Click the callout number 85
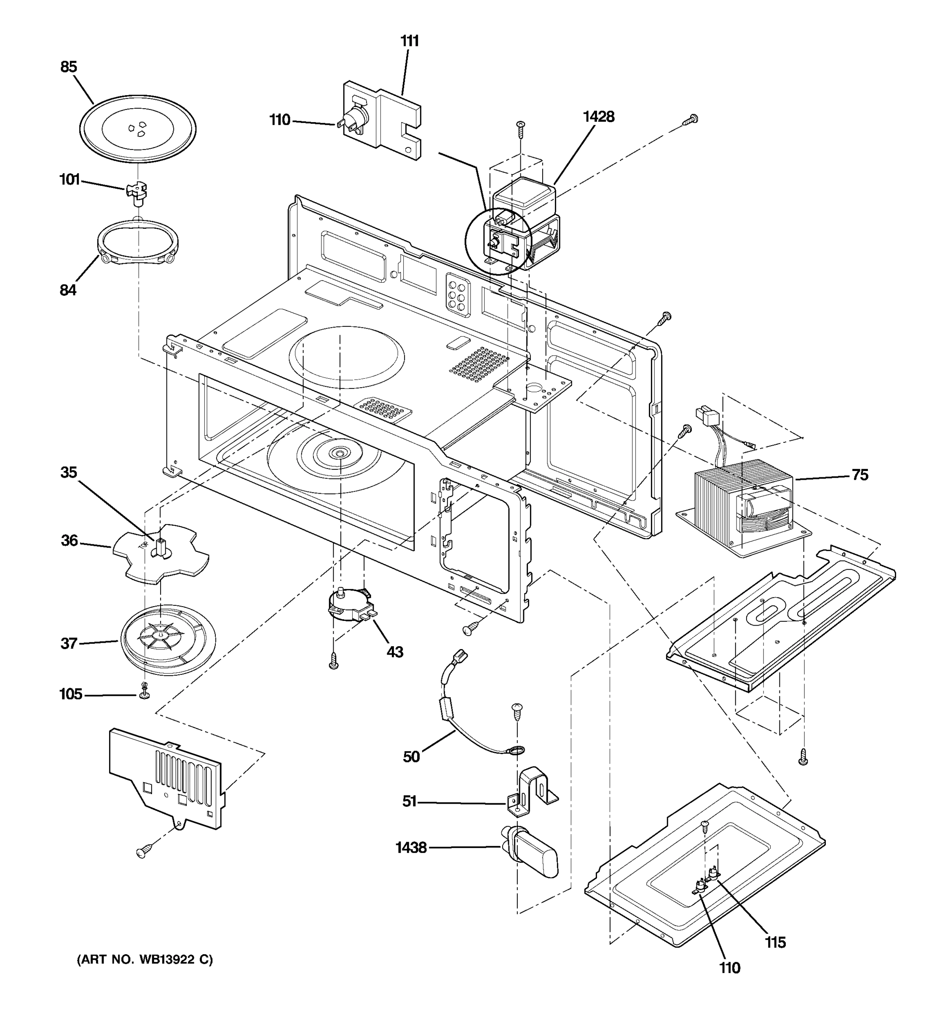click(69, 67)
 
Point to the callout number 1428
click(599, 117)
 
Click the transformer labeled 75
click(740, 503)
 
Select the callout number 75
click(860, 475)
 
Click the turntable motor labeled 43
click(350, 606)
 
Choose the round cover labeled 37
click(168, 640)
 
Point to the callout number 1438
click(411, 848)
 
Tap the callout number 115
click(776, 942)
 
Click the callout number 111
click(410, 41)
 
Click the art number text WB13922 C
click(145, 960)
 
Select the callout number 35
click(69, 473)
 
